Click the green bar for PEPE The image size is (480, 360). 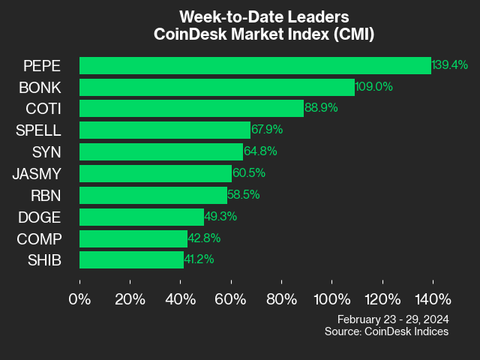tap(255, 65)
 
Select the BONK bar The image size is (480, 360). tap(217, 87)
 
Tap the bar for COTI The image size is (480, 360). tap(191, 109)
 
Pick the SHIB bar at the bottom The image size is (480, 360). tap(131, 260)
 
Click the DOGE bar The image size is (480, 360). tap(142, 217)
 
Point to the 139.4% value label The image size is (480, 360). tap(450, 65)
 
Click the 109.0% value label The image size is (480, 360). tap(373, 87)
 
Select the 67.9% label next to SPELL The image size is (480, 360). tap(269, 130)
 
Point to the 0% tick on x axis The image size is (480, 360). tap(79, 299)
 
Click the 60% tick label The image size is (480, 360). tap(230, 299)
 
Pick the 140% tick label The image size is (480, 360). tap(432, 299)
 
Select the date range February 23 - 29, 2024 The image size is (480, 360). tap(393, 319)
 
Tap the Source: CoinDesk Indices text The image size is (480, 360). tap(386, 331)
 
